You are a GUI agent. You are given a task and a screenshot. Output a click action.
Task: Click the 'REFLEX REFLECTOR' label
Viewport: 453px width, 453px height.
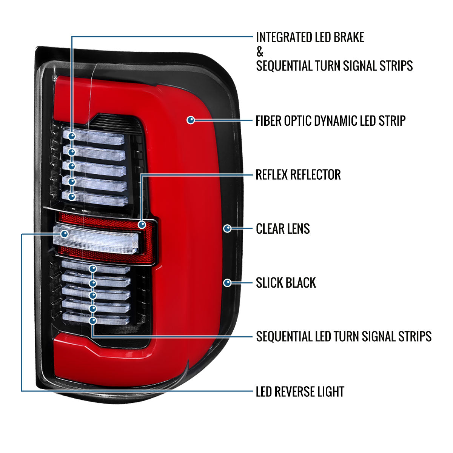click(298, 175)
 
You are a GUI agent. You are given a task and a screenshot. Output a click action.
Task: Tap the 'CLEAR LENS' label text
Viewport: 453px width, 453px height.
click(283, 229)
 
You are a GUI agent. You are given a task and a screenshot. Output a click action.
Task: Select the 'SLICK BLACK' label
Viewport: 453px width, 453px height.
click(286, 283)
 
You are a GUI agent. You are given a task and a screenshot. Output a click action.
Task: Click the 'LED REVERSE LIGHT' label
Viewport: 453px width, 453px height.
click(300, 391)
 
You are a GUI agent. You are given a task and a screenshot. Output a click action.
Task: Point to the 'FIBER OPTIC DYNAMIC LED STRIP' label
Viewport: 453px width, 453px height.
click(331, 121)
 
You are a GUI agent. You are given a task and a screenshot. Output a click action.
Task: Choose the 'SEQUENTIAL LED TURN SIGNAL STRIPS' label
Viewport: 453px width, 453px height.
click(344, 336)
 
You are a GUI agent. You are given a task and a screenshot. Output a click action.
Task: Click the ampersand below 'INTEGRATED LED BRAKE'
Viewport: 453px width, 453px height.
click(260, 52)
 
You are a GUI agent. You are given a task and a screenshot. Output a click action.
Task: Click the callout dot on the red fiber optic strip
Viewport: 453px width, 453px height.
click(191, 120)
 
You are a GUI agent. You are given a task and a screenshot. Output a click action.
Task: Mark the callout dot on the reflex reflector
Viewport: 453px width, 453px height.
click(142, 225)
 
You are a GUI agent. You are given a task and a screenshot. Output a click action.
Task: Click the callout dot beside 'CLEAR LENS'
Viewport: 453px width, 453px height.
click(227, 228)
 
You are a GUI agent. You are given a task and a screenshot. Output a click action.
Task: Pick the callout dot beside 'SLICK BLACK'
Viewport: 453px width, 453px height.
click(227, 282)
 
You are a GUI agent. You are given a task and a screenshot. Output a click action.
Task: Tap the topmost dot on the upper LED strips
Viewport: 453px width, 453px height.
click(72, 136)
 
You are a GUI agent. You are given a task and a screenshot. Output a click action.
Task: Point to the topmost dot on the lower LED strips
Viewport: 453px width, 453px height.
click(93, 269)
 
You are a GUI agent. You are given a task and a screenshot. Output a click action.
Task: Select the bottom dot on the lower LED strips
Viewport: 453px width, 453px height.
click(93, 321)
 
